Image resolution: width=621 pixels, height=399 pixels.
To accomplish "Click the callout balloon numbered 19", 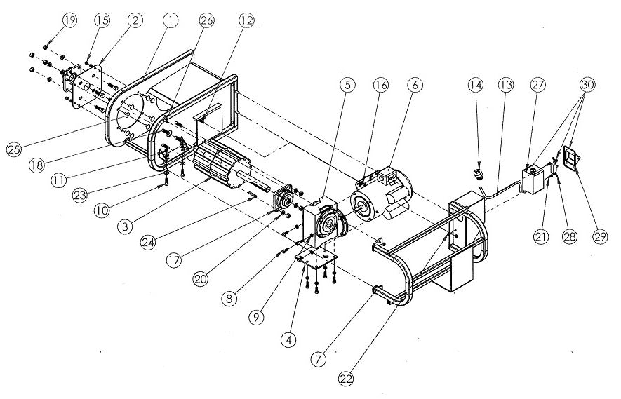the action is pos(69,20).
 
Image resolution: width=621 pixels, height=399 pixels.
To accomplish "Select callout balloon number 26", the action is pos(207,20).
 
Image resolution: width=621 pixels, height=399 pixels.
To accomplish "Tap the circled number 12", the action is pos(246,20).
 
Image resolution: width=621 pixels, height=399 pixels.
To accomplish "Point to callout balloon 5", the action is pos(347,85).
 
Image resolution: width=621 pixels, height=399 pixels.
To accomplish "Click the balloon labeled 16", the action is pos(382,85).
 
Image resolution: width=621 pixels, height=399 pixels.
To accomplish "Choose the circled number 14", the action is pos(476,85).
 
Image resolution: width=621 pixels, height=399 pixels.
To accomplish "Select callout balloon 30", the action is pos(588,85).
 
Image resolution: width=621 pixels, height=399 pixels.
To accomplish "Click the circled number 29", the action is pos(600,237).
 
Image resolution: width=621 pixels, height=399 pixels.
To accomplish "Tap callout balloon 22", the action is pos(346,379).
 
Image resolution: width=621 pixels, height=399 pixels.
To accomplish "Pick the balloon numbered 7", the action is pos(319,360).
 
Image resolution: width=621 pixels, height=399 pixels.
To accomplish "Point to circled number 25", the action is pos(14,149).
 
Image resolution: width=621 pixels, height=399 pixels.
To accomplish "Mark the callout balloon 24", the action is pos(148,242).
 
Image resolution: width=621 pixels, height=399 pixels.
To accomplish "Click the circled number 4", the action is pos(288,339).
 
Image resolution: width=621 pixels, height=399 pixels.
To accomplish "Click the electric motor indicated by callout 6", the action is pos(380,197).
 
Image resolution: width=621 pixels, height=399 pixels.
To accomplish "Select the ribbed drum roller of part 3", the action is pos(222,164).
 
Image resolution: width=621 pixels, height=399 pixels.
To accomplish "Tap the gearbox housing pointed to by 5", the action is pos(323,221).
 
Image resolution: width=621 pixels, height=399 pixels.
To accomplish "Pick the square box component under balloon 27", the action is pos(533,180).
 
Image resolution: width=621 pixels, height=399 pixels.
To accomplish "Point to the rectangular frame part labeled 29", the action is pos(572,156).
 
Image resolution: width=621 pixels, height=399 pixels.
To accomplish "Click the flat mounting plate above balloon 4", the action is pos(316,259).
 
